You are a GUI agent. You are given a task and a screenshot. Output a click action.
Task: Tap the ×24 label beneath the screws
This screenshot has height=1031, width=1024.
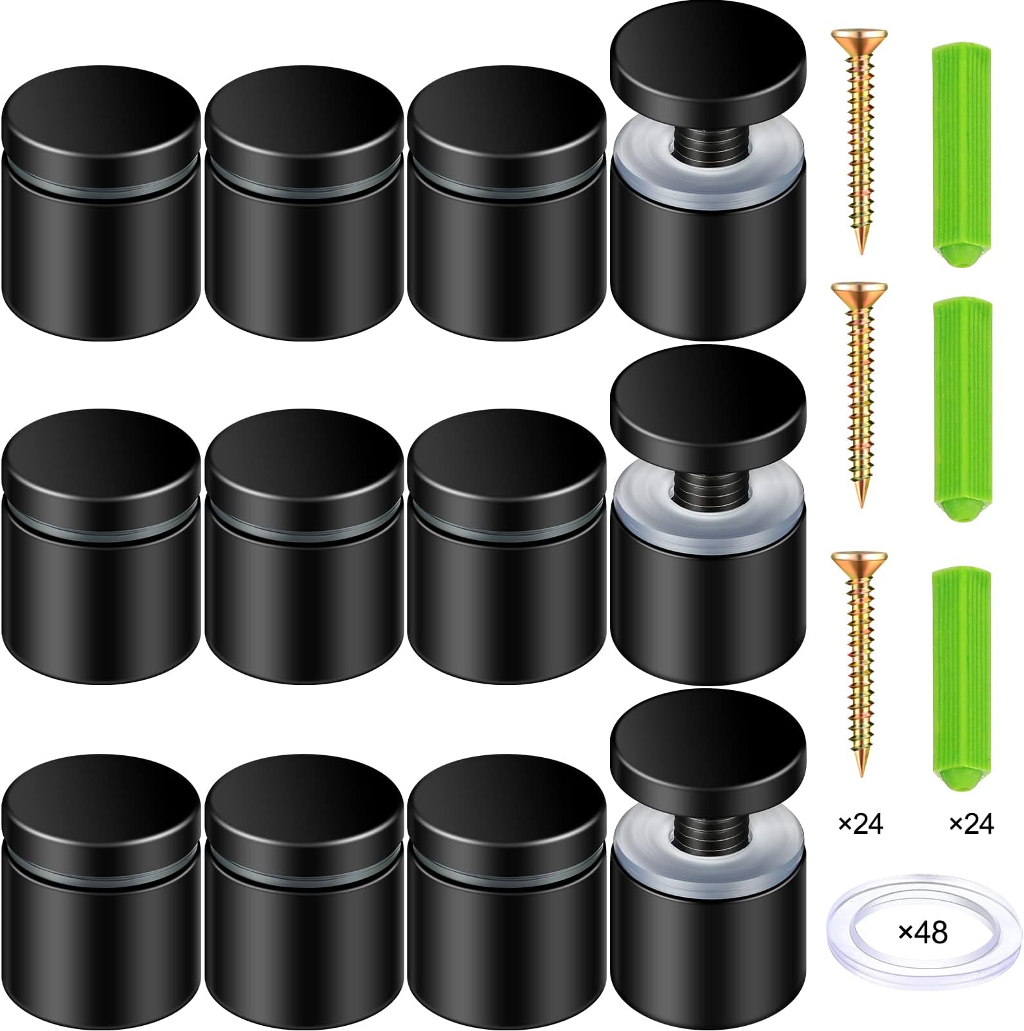tap(860, 823)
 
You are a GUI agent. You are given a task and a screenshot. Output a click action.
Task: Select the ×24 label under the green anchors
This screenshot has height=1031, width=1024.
tap(972, 823)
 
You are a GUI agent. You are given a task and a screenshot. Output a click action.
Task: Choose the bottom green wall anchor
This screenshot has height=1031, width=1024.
tap(960, 677)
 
